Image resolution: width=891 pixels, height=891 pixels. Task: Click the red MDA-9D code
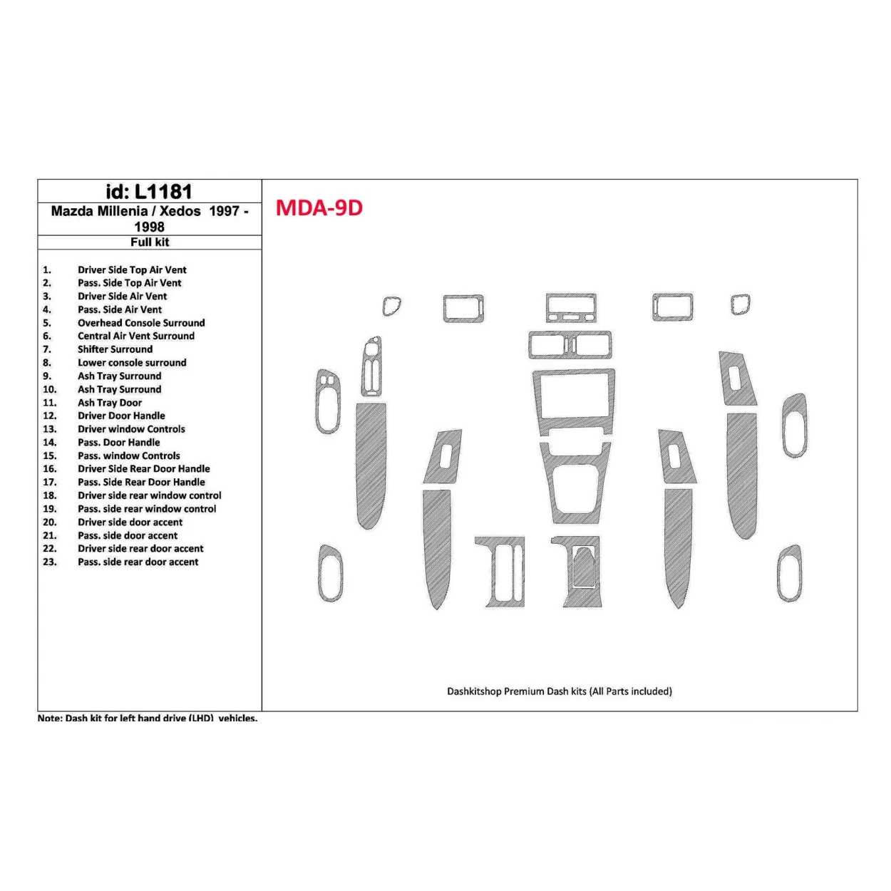pyautogui.click(x=319, y=207)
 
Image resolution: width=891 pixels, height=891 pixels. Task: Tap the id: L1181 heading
pyautogui.click(x=149, y=191)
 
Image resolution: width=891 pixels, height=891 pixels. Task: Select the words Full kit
pyautogui.click(x=150, y=242)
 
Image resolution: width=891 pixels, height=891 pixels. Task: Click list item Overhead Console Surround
pyautogui.click(x=141, y=323)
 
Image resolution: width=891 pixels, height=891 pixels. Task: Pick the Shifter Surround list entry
pyautogui.click(x=115, y=349)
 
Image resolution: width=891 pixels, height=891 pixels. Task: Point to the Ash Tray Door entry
pyautogui.click(x=110, y=403)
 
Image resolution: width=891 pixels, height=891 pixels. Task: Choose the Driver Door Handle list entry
pyautogui.click(x=121, y=416)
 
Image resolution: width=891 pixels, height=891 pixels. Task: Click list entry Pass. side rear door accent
pyautogui.click(x=138, y=562)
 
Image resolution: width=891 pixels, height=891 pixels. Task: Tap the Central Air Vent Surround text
pyautogui.click(x=136, y=336)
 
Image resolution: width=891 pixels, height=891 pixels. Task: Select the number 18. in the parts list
pyautogui.click(x=49, y=495)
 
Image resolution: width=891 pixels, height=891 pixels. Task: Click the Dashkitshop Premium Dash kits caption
pyautogui.click(x=560, y=691)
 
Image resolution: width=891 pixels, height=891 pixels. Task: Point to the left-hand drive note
pyautogui.click(x=148, y=718)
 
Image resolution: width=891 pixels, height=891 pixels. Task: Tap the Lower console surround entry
pyautogui.click(x=132, y=363)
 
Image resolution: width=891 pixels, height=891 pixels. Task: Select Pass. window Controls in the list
pyautogui.click(x=129, y=455)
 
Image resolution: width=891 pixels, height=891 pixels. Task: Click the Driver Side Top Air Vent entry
pyautogui.click(x=132, y=270)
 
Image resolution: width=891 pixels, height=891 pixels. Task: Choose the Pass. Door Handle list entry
pyautogui.click(x=119, y=443)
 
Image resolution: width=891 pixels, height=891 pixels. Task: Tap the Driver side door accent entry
pyautogui.click(x=130, y=522)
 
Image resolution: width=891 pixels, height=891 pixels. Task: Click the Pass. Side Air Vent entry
pyautogui.click(x=120, y=309)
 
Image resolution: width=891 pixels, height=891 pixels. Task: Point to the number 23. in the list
pyautogui.click(x=49, y=562)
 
